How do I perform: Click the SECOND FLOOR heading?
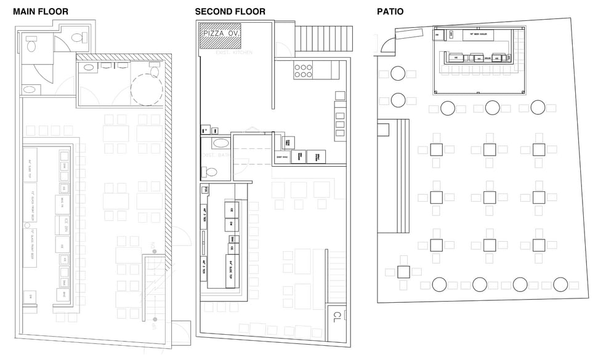[230, 12]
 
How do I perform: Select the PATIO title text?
[390, 12]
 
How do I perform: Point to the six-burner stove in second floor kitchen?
[303, 71]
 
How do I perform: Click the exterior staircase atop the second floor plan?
[324, 39]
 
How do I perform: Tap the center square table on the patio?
[490, 197]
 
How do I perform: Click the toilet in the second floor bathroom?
[211, 171]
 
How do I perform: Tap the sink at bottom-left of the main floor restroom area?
[29, 90]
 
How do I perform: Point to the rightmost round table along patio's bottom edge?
[560, 284]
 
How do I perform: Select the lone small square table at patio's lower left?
[403, 271]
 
